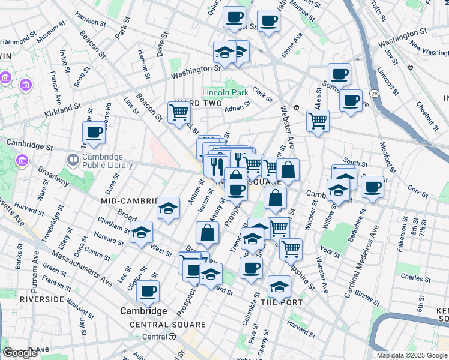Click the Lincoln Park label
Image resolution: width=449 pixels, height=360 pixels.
pyautogui.click(x=225, y=92)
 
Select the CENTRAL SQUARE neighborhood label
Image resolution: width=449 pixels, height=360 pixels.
pyautogui.click(x=168, y=325)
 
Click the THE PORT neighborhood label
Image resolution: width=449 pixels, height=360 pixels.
pyautogui.click(x=282, y=302)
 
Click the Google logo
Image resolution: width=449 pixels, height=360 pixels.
pyautogui.click(x=20, y=353)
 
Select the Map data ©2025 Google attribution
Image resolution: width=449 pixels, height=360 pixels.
pyautogui.click(x=411, y=355)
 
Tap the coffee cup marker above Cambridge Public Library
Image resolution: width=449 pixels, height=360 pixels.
pyautogui.click(x=94, y=132)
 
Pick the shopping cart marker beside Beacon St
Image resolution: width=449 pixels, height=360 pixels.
pyautogui.click(x=179, y=112)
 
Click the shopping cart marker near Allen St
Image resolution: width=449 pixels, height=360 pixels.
pyautogui.click(x=318, y=119)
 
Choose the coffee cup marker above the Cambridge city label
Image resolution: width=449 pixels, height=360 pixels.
pyautogui.click(x=148, y=292)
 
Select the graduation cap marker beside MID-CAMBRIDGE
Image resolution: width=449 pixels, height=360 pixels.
pyautogui.click(x=169, y=208)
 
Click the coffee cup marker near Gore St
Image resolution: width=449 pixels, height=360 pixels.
pyautogui.click(x=372, y=186)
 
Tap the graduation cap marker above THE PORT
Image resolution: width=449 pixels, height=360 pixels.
pyautogui.click(x=279, y=287)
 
